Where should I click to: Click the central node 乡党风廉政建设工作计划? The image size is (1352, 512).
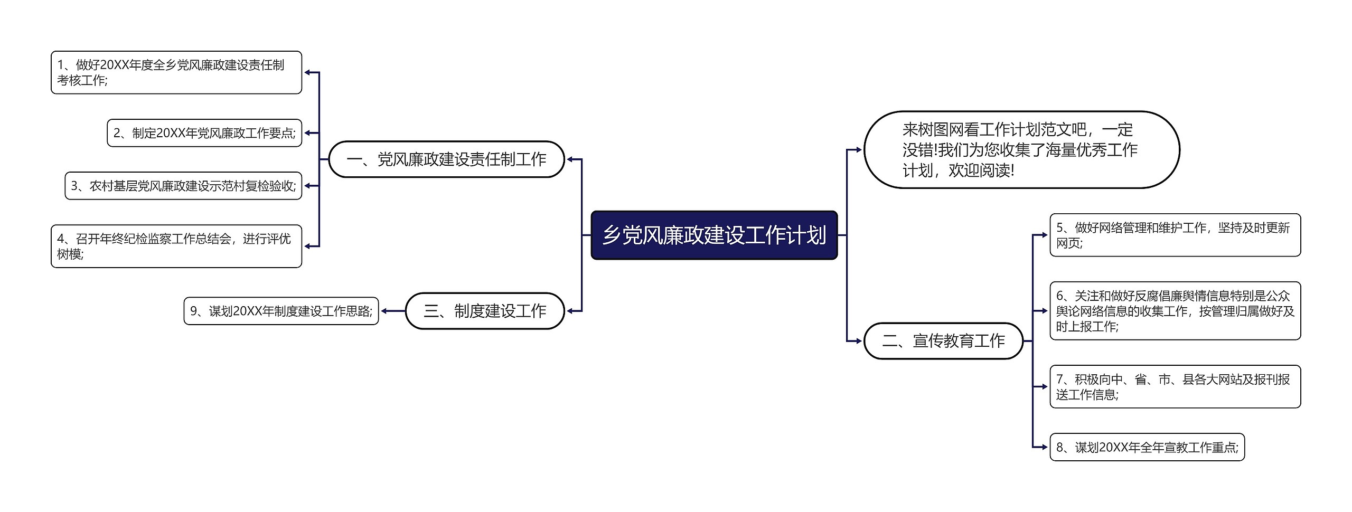[714, 235]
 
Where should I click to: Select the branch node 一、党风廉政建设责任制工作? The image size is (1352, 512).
[447, 159]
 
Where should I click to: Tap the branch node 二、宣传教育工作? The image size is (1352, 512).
[943, 341]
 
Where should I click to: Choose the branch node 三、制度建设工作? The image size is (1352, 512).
[485, 311]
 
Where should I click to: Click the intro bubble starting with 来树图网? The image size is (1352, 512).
[1021, 150]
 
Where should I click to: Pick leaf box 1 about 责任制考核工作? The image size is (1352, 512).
[176, 72]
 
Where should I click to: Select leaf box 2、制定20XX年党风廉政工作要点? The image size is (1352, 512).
[204, 133]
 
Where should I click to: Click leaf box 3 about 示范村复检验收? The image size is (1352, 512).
[183, 186]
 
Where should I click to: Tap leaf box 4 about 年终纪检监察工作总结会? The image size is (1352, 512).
[176, 246]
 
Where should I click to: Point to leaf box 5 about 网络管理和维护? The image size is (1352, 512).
[1175, 235]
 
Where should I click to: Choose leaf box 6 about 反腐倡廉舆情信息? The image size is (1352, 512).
[1175, 311]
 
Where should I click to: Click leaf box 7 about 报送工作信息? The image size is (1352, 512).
[1175, 386]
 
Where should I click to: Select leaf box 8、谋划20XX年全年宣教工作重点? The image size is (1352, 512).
[1147, 447]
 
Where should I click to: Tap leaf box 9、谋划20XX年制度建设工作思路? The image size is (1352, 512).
[281, 311]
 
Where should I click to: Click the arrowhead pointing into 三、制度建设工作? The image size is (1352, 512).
[570, 311]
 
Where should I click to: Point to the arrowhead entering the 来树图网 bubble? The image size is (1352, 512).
[859, 150]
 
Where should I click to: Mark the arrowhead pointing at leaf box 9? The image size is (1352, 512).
[384, 311]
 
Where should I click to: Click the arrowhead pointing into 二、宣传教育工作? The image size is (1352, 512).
[859, 341]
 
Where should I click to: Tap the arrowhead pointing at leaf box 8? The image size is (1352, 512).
[1045, 447]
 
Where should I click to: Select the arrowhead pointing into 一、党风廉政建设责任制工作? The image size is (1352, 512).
[570, 159]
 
